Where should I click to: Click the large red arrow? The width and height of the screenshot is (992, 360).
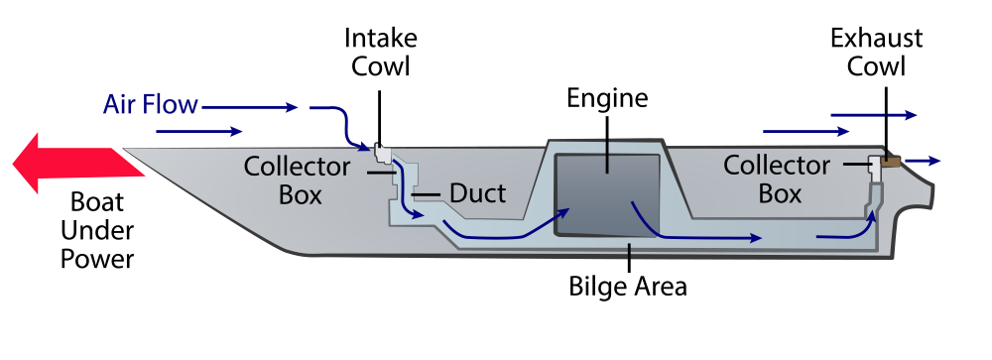tap(69, 165)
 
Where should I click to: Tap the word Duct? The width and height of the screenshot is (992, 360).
tap(477, 192)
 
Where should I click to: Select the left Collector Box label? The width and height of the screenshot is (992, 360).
tap(298, 180)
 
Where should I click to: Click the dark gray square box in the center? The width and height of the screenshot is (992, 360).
tap(607, 195)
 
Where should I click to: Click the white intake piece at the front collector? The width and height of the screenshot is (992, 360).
tap(380, 153)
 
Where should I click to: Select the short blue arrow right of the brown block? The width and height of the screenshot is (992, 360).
tap(923, 160)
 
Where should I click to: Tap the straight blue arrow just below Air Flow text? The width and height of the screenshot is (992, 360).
tap(198, 131)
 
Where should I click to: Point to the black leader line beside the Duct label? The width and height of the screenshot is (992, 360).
tap(428, 194)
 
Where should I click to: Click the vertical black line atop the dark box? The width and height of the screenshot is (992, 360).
tap(607, 148)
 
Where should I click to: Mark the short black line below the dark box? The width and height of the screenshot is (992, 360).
tap(628, 254)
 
